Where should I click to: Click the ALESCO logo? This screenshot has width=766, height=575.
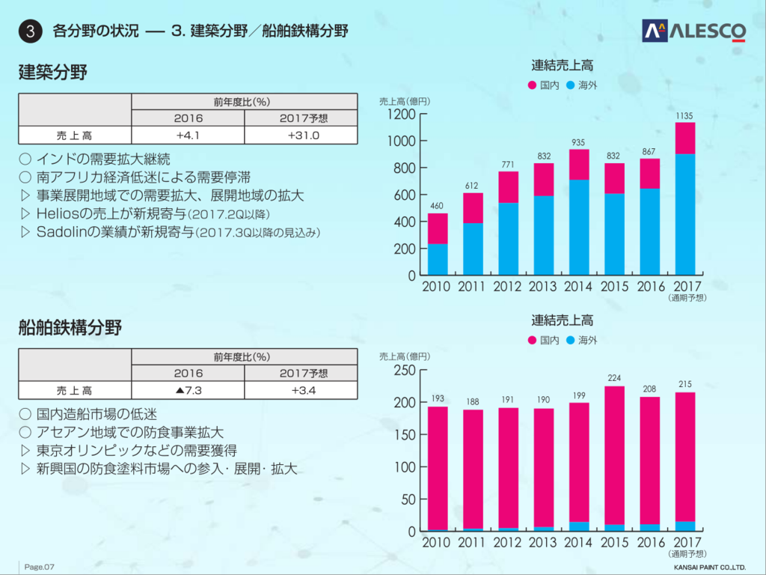point(693,31)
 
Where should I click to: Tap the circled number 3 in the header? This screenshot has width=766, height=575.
point(29,31)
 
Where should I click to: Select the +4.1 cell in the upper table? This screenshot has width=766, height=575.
point(188,136)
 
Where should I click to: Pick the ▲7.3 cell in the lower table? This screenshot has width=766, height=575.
point(188,390)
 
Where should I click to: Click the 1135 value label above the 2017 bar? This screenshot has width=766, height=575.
point(684,116)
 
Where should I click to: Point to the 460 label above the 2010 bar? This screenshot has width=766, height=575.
point(437,207)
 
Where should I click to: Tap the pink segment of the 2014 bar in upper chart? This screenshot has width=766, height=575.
point(579,165)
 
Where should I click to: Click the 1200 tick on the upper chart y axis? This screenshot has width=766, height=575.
point(402,115)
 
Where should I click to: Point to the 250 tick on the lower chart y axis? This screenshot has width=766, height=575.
point(405,370)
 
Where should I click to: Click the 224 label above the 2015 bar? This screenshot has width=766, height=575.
point(614,378)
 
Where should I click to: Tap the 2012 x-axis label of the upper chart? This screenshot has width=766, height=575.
point(508,286)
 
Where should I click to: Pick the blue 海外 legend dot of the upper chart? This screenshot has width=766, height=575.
point(571,85)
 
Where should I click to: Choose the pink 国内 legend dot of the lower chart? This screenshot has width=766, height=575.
point(533,340)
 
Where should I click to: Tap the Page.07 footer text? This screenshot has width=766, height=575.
point(40,566)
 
